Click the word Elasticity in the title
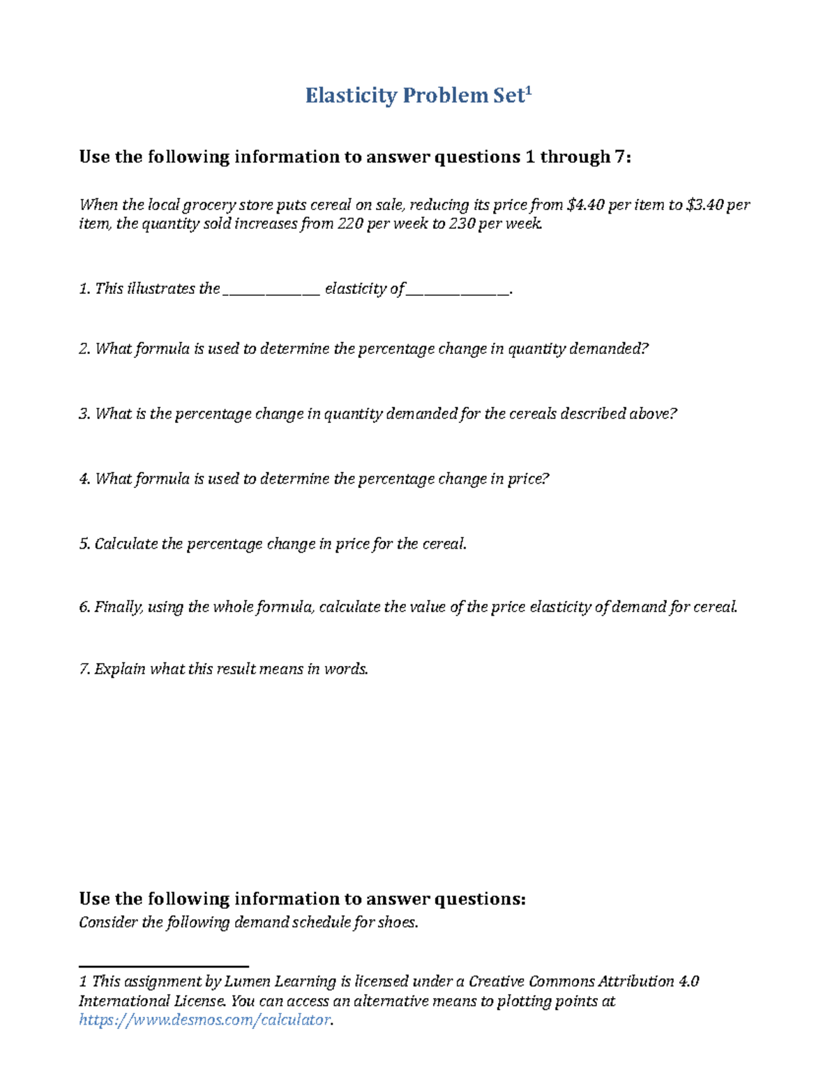point(351,96)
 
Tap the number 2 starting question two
point(84,349)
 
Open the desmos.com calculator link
point(204,1020)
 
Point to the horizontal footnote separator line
point(164,967)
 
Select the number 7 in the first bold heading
point(619,157)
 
